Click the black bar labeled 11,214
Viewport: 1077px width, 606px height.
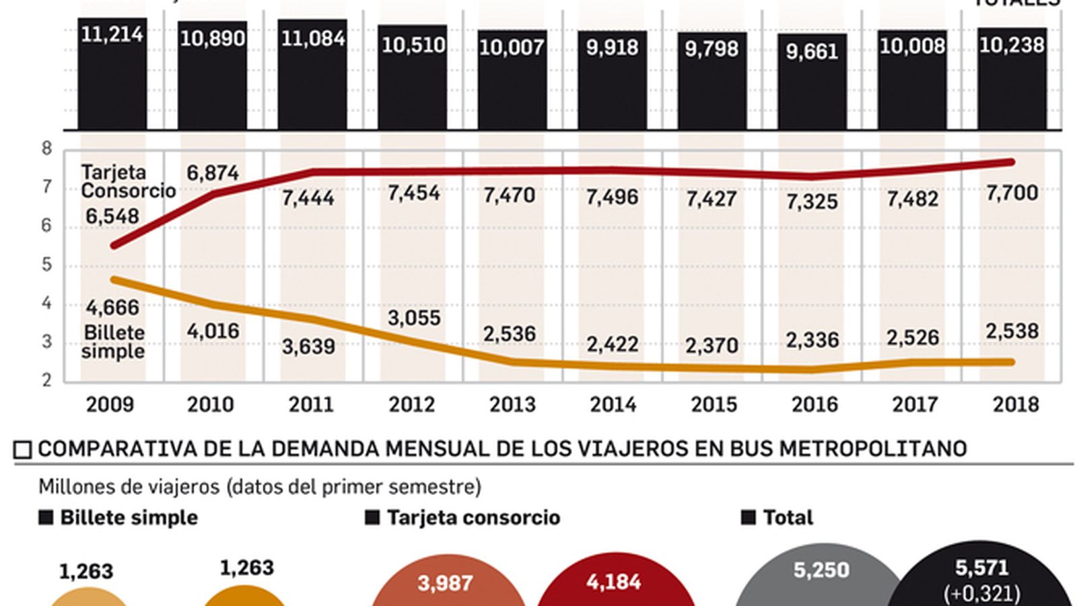[112, 74]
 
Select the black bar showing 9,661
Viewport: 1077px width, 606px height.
[812, 81]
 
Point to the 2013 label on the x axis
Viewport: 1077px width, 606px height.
[512, 405]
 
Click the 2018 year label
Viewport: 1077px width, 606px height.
[1016, 405]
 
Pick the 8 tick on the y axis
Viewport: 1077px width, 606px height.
[46, 148]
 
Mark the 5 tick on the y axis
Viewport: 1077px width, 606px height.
[46, 265]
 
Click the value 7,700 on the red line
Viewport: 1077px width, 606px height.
[1012, 193]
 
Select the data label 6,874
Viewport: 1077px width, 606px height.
[213, 174]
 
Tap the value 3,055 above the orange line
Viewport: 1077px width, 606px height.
[414, 318]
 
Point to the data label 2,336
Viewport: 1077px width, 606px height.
[812, 340]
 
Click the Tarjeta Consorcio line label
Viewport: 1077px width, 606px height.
[128, 182]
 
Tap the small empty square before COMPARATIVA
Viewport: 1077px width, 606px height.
[23, 449]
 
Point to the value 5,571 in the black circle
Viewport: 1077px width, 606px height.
[982, 568]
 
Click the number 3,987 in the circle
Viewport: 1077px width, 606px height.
[445, 582]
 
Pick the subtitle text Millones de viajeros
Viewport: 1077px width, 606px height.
[129, 487]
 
